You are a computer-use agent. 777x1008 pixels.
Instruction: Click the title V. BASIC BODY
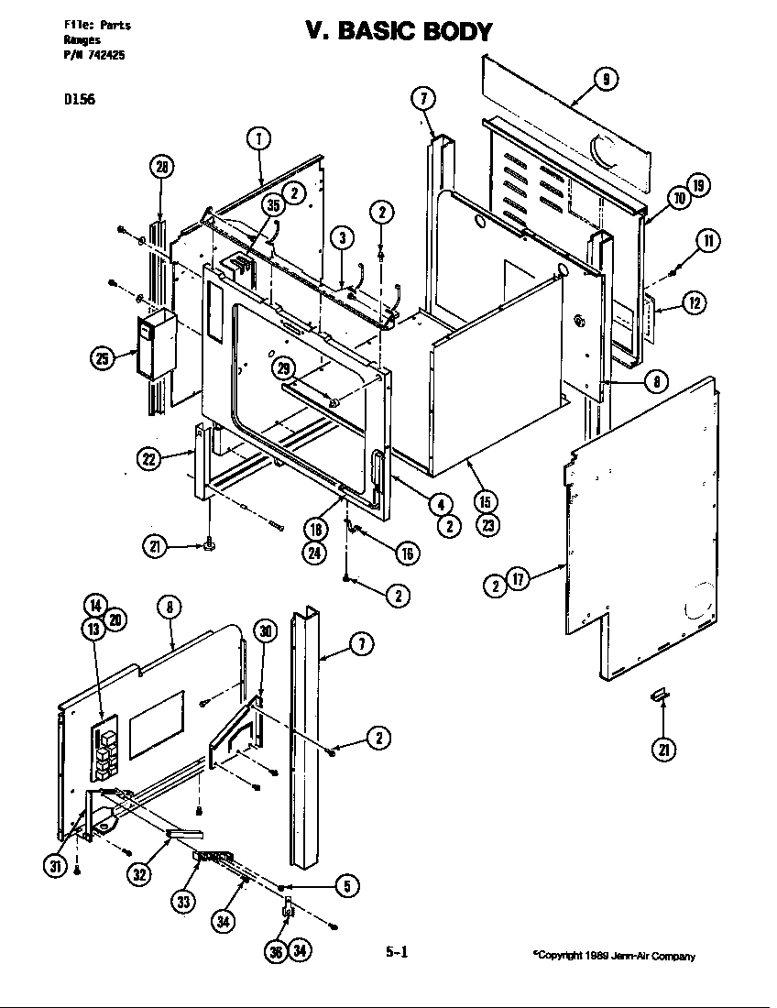click(399, 31)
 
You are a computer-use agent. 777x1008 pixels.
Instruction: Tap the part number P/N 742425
click(94, 55)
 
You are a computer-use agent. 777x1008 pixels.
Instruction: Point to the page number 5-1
click(396, 952)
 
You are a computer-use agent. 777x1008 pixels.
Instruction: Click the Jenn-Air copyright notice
click(614, 956)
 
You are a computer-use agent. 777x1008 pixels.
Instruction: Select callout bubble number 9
click(606, 80)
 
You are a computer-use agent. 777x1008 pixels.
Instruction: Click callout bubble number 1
click(260, 139)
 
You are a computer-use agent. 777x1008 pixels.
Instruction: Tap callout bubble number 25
click(102, 359)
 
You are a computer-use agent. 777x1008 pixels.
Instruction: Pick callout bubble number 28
click(162, 167)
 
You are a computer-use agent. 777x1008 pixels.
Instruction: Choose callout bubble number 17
click(520, 580)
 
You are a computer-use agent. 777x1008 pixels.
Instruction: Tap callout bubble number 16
click(408, 553)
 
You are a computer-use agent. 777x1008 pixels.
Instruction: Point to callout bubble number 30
click(266, 630)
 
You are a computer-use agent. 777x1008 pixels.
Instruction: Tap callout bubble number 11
click(706, 241)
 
